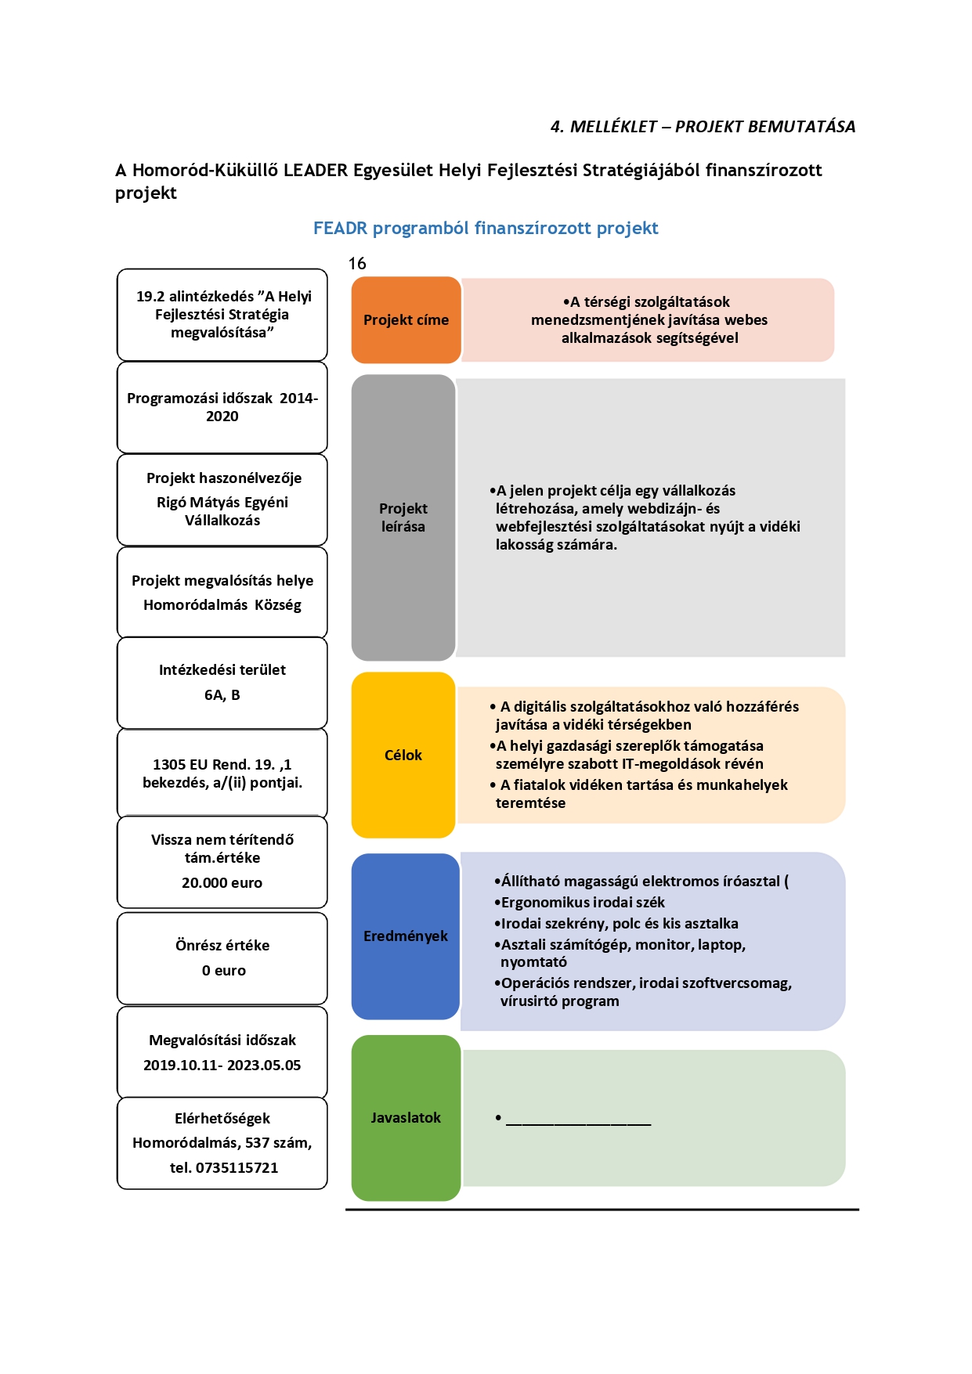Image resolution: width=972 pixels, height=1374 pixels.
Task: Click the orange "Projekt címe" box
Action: click(x=406, y=320)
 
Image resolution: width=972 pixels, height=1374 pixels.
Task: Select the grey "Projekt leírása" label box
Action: click(x=403, y=518)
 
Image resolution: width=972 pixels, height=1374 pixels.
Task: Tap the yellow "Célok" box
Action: click(x=403, y=755)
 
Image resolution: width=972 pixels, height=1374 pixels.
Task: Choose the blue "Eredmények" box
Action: click(x=406, y=936)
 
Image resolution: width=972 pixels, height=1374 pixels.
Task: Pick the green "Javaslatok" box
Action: click(x=406, y=1118)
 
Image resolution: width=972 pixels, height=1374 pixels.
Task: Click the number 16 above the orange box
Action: click(x=357, y=264)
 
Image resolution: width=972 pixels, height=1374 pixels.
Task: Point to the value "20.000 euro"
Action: click(x=222, y=883)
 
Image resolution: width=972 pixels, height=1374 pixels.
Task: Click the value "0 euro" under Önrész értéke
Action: click(x=224, y=971)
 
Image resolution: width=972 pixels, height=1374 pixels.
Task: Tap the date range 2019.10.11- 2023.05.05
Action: click(x=222, y=1066)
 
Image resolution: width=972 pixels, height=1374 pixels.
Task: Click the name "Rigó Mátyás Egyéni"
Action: click(x=222, y=503)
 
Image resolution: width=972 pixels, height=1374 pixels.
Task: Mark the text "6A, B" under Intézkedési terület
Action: click(x=222, y=695)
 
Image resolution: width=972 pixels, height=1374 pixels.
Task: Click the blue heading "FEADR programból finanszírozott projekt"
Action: click(x=486, y=229)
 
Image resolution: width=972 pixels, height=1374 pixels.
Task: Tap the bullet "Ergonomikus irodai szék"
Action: click(x=583, y=903)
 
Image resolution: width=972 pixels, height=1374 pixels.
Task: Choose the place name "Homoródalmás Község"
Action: click(x=222, y=605)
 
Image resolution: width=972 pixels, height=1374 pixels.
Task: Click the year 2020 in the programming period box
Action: click(x=222, y=417)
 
